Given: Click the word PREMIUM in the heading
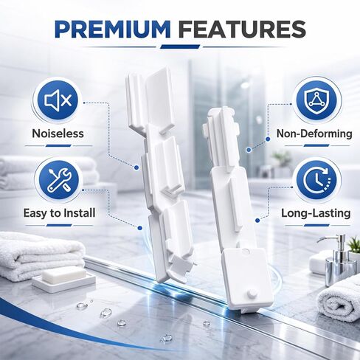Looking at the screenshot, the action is [113, 30].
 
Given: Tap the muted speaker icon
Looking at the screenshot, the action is [58, 100].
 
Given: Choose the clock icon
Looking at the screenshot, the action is [317, 180].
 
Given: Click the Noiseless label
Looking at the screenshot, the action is [58, 134].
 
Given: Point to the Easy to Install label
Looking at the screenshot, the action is [59, 212].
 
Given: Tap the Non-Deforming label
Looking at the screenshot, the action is [314, 134].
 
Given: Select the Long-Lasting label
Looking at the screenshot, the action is [316, 213].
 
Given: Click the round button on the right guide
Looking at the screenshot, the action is [251, 294].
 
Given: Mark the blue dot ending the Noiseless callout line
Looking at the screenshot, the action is [136, 167].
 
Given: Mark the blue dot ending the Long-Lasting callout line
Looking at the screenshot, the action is [257, 221].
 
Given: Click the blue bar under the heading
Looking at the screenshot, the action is [180, 46].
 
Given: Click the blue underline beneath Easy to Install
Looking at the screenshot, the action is [59, 225].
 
